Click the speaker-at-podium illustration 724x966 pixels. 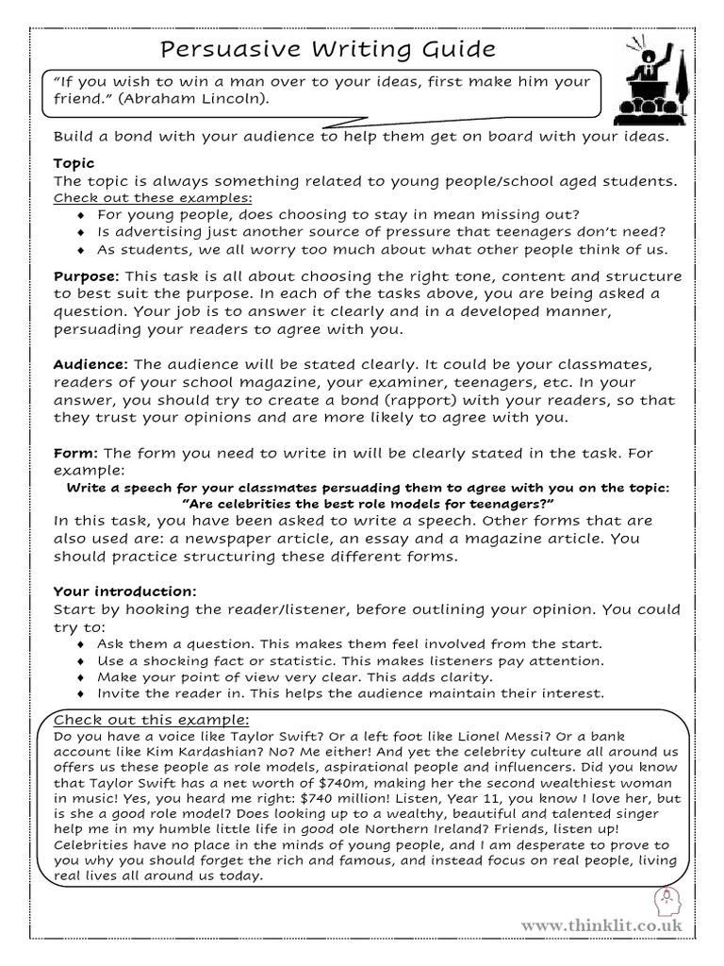(650, 80)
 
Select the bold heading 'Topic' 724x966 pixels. (74, 163)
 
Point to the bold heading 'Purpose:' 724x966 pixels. (86, 276)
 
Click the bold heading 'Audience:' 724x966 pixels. (90, 364)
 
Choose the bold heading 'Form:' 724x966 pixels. (73, 453)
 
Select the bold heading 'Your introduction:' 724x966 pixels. (124, 591)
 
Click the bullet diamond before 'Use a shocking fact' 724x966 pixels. (82, 660)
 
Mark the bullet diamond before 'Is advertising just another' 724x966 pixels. (82, 232)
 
